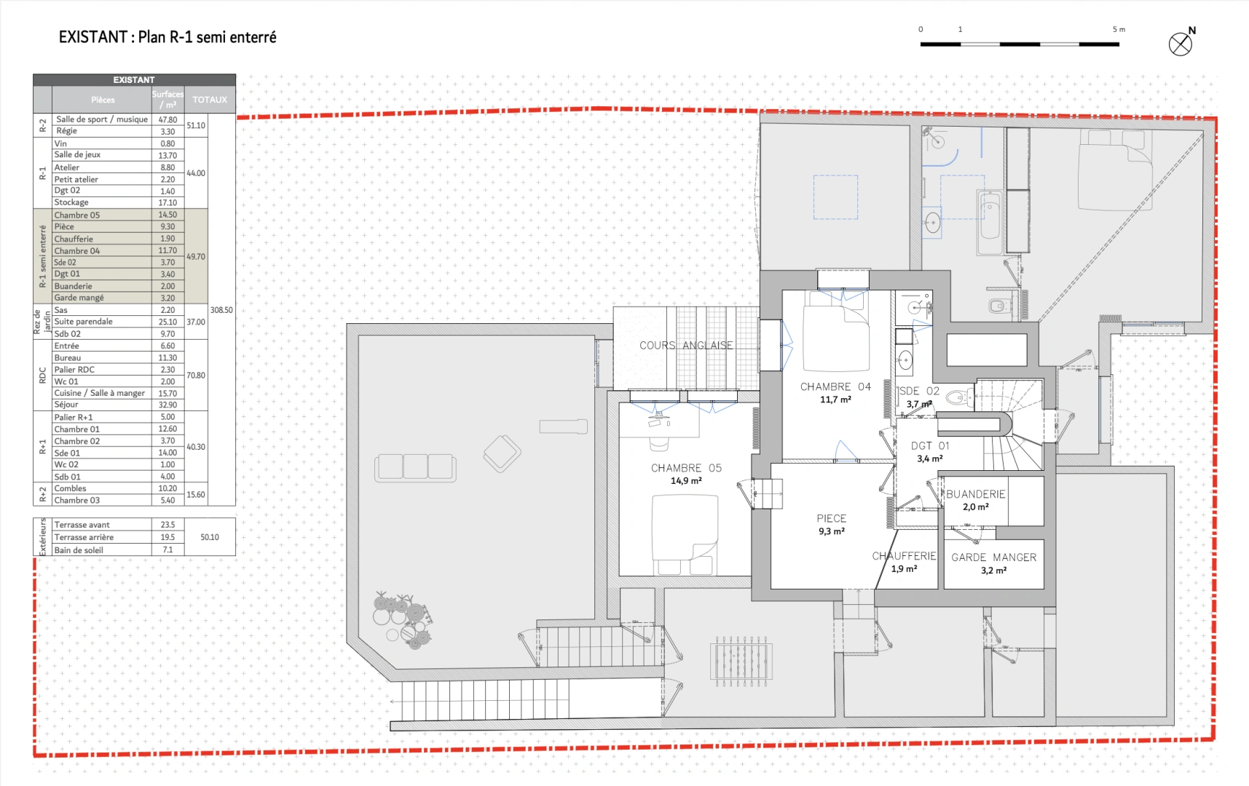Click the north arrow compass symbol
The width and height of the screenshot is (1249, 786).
(1181, 44)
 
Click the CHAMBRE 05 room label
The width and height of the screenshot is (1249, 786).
(686, 468)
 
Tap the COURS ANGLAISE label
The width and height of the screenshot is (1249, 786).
(686, 346)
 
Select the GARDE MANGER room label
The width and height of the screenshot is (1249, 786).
(993, 557)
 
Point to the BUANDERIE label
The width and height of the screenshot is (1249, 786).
(975, 494)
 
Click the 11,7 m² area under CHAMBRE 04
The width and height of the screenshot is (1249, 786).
(835, 400)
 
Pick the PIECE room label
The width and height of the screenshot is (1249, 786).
(831, 519)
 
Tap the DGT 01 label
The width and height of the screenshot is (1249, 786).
(930, 446)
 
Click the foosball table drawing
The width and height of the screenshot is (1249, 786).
(741, 661)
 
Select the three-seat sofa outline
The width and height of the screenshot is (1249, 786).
(415, 467)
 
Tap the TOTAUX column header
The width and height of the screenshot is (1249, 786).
(210, 100)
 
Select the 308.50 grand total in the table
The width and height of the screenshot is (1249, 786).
(221, 310)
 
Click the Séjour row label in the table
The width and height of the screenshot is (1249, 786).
(66, 405)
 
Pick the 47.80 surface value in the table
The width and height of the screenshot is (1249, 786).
(168, 120)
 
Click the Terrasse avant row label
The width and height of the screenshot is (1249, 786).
(82, 525)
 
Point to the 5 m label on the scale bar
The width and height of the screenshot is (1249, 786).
(1119, 29)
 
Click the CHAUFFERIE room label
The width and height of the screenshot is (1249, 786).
(904, 556)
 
